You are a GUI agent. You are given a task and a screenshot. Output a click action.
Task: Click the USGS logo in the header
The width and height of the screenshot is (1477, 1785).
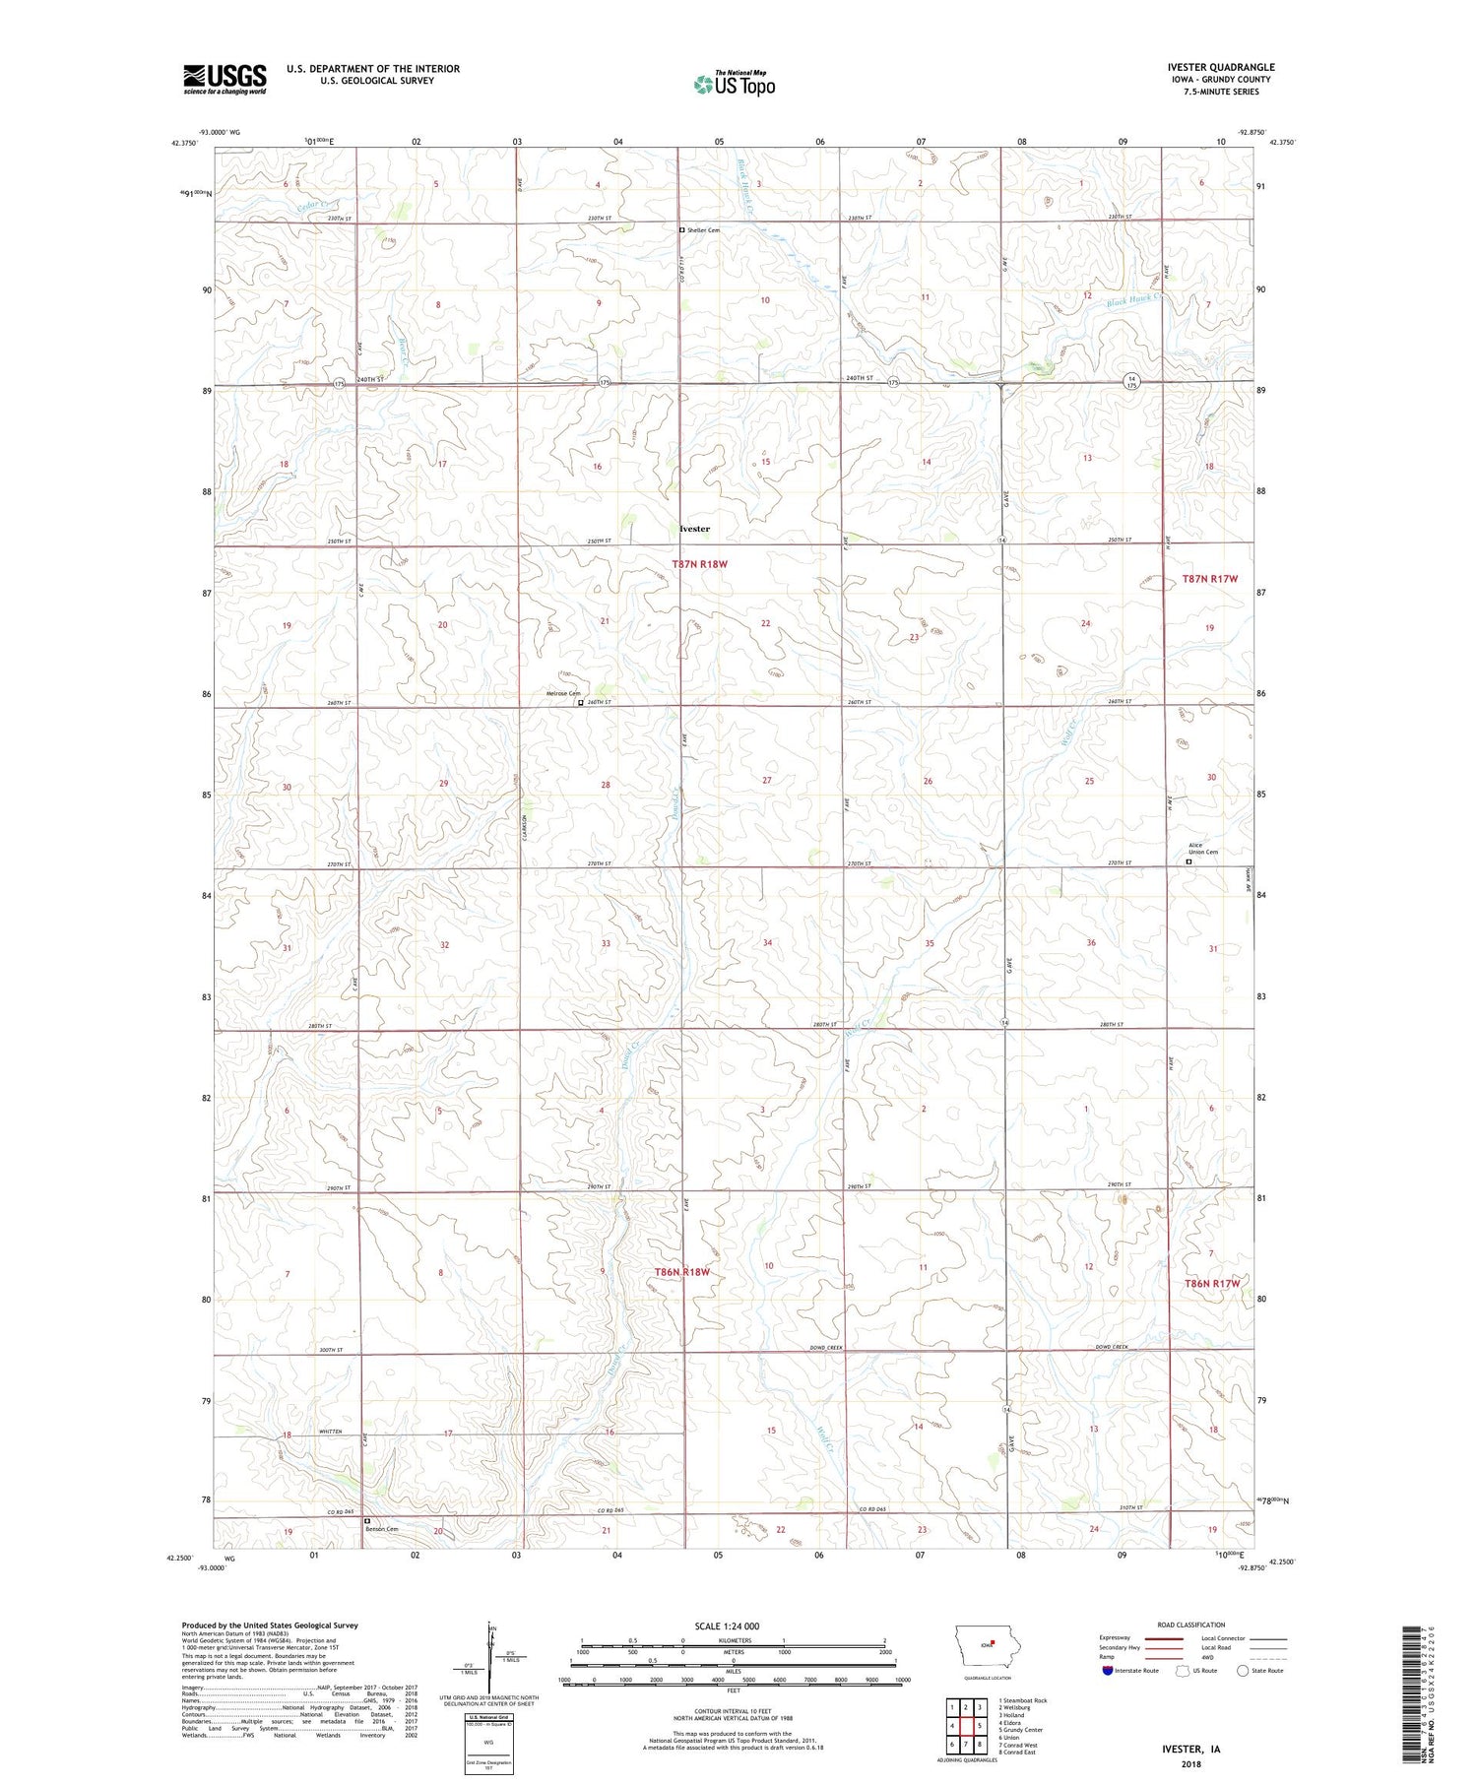click(x=225, y=79)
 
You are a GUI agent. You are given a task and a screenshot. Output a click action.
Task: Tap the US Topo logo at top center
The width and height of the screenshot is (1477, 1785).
click(x=735, y=84)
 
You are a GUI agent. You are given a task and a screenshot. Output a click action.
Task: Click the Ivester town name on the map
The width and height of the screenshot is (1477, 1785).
click(x=694, y=529)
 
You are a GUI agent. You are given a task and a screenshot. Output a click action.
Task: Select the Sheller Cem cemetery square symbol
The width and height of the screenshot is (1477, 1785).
click(x=681, y=230)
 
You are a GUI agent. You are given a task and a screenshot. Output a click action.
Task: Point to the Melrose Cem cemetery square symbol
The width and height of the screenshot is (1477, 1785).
click(x=580, y=703)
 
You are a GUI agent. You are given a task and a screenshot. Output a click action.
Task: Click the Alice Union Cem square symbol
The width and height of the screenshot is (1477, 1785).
click(x=1188, y=861)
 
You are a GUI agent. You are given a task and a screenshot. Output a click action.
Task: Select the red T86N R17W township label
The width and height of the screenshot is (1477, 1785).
click(x=1210, y=1284)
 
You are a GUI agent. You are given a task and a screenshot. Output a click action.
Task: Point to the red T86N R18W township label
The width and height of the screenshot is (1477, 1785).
click(x=681, y=1272)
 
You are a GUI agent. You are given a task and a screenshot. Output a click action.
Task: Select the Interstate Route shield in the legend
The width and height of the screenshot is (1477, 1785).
click(x=1109, y=1671)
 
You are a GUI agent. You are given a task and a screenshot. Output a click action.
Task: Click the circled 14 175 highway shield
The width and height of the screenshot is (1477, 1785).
click(x=1132, y=381)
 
